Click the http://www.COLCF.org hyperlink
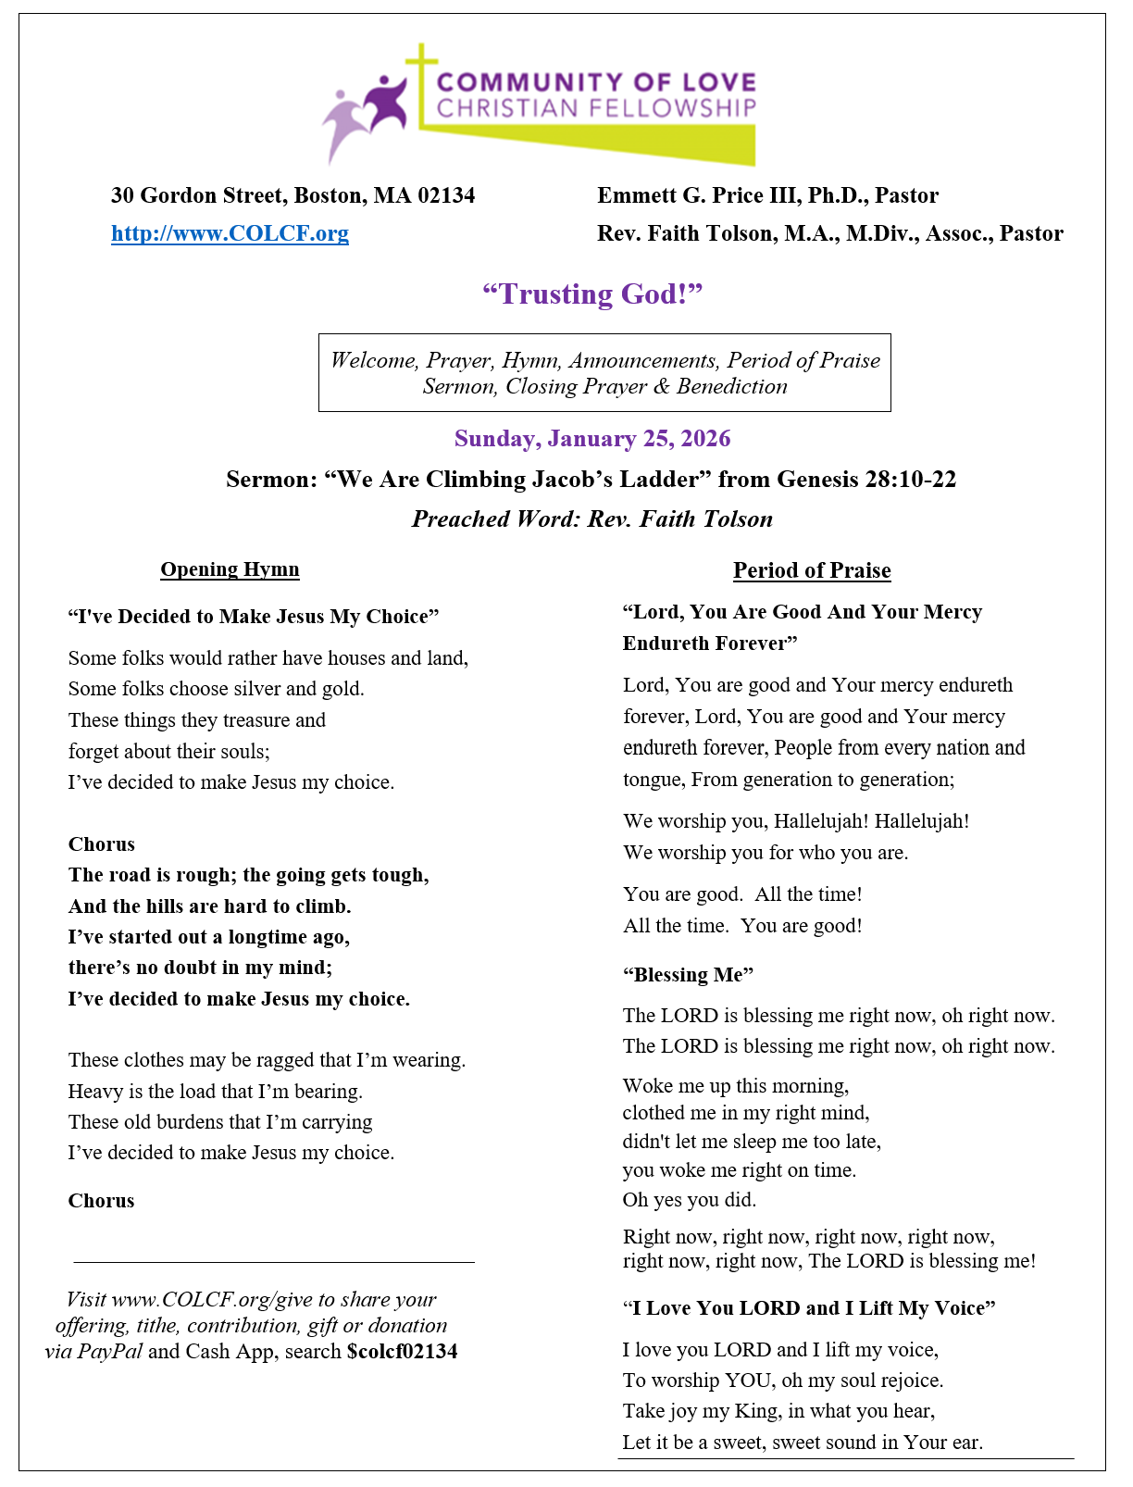point(230,233)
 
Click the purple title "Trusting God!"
point(592,294)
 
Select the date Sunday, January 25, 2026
point(592,439)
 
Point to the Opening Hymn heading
point(230,569)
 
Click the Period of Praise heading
point(812,570)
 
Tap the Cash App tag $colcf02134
point(402,1352)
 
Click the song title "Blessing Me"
point(688,975)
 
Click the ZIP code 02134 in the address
point(446,196)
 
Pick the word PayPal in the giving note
point(109,1352)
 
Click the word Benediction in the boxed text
point(731,387)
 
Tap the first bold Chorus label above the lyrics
point(102,844)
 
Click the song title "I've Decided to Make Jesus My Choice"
point(254,617)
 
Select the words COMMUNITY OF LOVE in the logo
point(596,83)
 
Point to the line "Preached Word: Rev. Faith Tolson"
point(592,519)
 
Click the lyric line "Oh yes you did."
point(690,1200)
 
